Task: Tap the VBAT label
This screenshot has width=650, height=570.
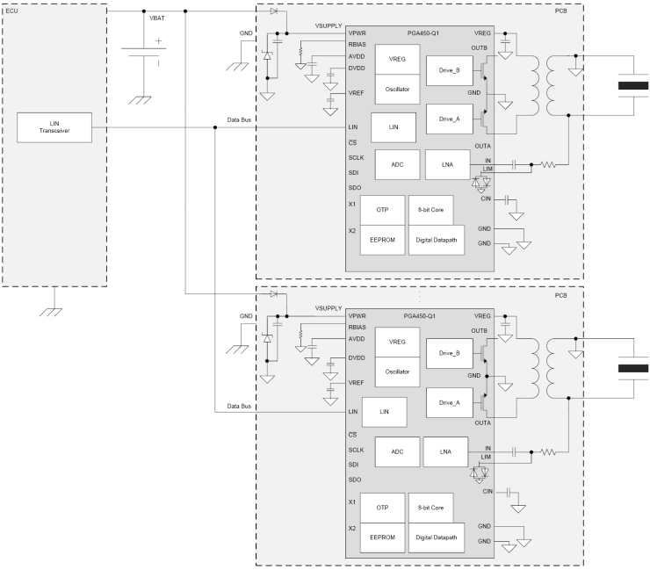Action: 158,18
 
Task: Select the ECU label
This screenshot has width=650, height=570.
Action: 11,10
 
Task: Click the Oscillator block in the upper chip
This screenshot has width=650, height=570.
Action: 397,89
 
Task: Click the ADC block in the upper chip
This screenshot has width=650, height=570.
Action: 397,163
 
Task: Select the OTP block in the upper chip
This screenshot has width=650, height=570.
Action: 382,210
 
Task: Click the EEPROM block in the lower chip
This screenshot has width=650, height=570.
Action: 382,537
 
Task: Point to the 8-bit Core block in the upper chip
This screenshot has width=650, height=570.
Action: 431,210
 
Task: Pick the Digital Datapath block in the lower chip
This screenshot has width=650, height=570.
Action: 437,537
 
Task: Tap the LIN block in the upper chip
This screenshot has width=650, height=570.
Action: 393,127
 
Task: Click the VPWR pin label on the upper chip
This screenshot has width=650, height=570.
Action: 357,32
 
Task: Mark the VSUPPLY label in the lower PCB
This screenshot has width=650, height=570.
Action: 328,308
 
